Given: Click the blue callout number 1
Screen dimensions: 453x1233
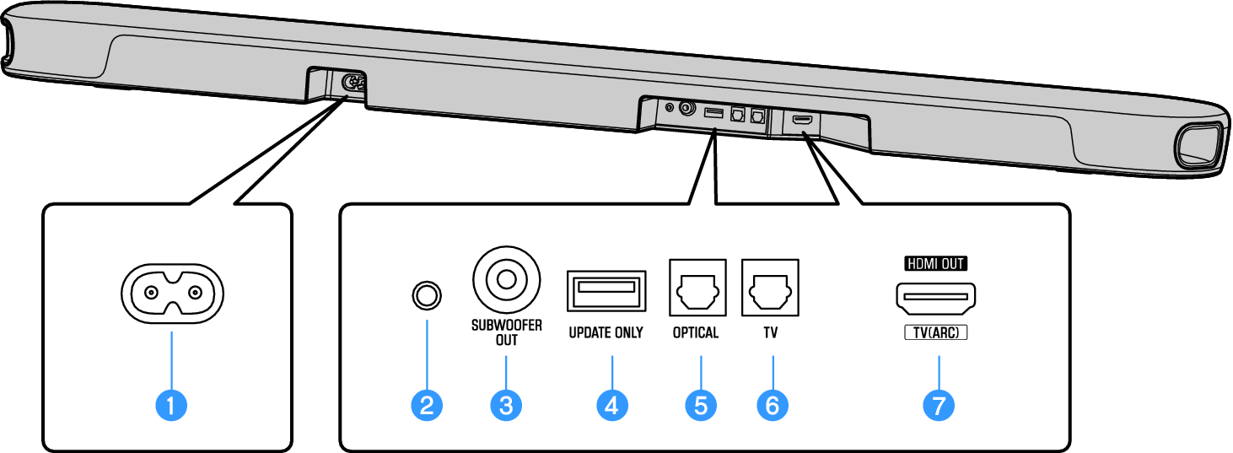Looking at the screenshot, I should pyautogui.click(x=172, y=405).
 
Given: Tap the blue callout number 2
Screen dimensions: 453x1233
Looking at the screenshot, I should pyautogui.click(x=427, y=405).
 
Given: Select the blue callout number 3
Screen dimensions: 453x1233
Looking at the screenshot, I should pyautogui.click(x=506, y=405).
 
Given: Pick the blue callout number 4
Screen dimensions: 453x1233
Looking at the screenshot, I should pyautogui.click(x=612, y=405).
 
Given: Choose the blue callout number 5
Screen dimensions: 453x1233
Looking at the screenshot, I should pyautogui.click(x=701, y=405).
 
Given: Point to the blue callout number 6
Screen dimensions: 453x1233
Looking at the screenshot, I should pyautogui.click(x=773, y=405).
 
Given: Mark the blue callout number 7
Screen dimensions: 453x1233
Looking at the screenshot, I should pyautogui.click(x=938, y=405).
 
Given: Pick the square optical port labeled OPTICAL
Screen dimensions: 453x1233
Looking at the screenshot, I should pyautogui.click(x=697, y=289).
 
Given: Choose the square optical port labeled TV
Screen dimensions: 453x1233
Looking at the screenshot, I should pyautogui.click(x=769, y=289).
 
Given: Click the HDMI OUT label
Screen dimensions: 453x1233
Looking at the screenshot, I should pyautogui.click(x=935, y=263).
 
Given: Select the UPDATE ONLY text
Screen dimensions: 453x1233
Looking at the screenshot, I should pyautogui.click(x=606, y=332).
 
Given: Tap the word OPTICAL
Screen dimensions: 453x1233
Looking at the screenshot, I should pyautogui.click(x=696, y=332).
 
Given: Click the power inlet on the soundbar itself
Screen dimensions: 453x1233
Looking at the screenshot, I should pyautogui.click(x=352, y=84).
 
